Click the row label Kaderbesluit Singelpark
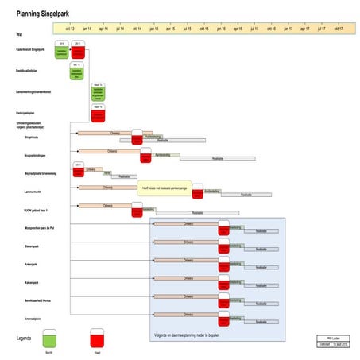[x=30, y=51]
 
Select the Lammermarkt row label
[x=33, y=192]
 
